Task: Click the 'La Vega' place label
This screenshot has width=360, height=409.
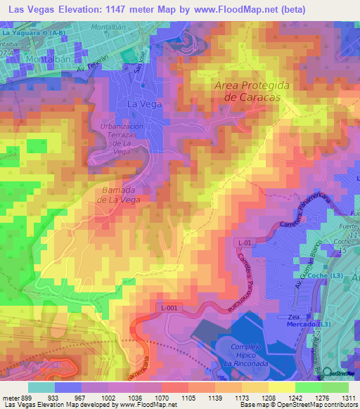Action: tap(144, 103)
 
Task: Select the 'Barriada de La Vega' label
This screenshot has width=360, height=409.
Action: tap(114, 194)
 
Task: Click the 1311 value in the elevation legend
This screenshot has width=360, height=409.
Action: tap(347, 398)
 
